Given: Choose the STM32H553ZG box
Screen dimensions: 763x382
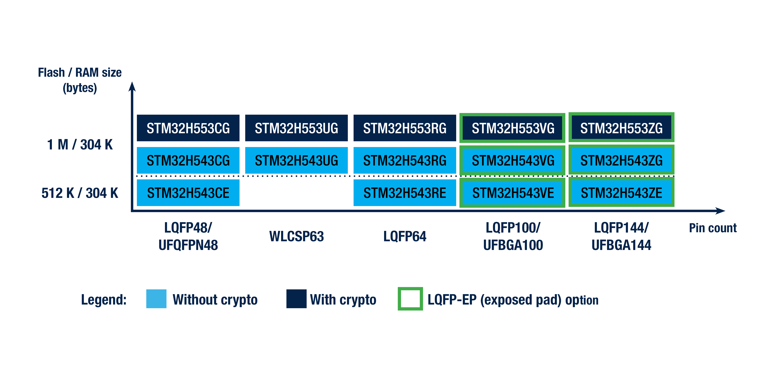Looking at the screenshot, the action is [621, 128].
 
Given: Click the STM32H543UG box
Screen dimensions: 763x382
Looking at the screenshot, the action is [297, 160].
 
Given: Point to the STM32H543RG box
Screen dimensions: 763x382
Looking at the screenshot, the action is [405, 160].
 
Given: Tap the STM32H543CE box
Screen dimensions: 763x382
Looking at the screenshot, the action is [188, 193].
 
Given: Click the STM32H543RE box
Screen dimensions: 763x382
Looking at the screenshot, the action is [405, 193].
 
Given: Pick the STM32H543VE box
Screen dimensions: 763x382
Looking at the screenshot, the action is [512, 193].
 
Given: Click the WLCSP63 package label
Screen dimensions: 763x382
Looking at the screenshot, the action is [297, 236].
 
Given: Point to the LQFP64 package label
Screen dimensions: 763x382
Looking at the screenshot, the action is [405, 236].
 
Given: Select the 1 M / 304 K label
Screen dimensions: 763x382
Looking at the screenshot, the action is [80, 145].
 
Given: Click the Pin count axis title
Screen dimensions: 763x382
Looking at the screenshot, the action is [713, 228].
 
